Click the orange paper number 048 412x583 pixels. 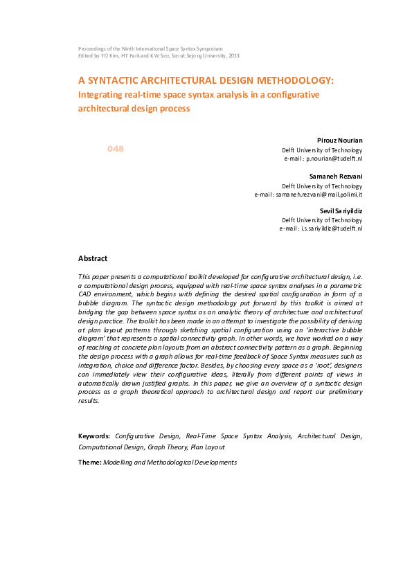(x=115, y=149)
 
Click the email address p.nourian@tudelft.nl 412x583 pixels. (x=334, y=159)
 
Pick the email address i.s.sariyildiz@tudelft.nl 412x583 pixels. (x=330, y=228)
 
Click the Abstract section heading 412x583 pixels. (x=93, y=258)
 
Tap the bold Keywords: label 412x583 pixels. (x=94, y=436)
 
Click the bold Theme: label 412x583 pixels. (x=89, y=462)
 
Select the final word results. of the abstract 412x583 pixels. (x=89, y=400)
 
